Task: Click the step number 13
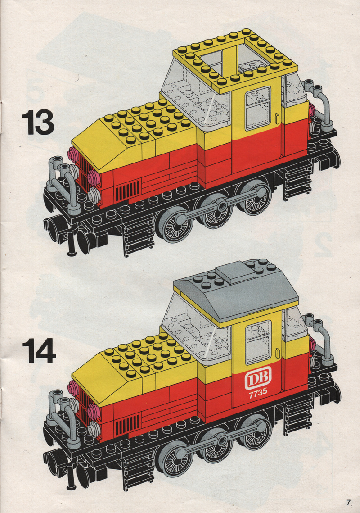tap(38, 123)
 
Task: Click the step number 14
tap(39, 350)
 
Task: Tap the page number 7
tap(349, 502)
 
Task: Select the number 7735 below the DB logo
tap(258, 392)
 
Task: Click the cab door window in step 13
tap(258, 108)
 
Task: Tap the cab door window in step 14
tap(258, 343)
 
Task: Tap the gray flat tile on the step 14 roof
tap(235, 272)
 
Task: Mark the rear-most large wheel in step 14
tap(255, 432)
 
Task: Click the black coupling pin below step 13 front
tap(71, 244)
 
